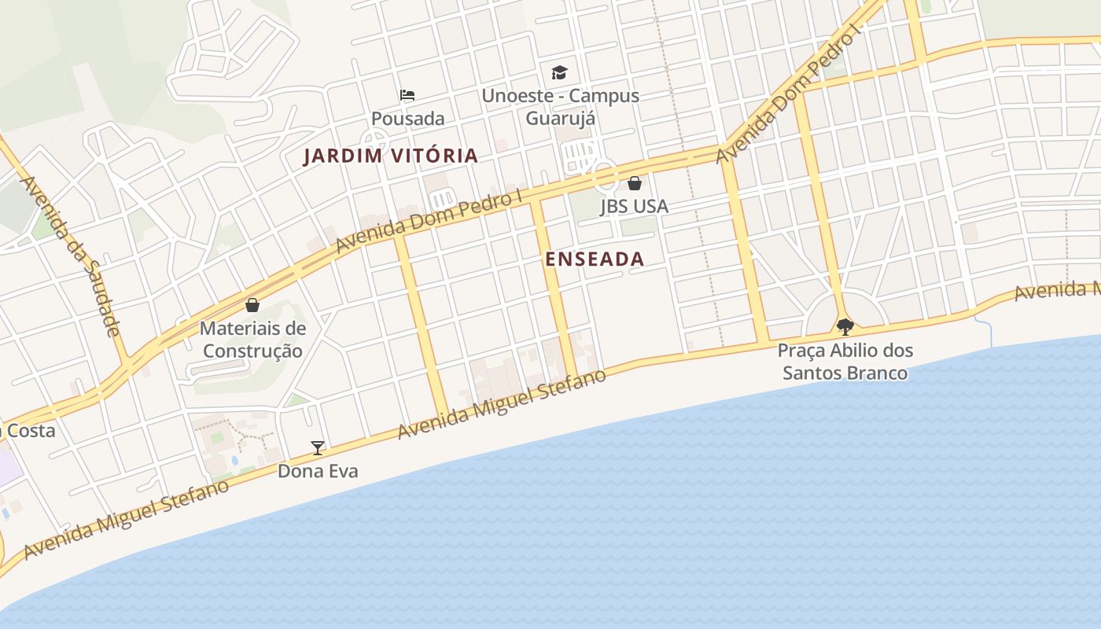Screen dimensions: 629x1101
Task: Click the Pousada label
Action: [x=407, y=119]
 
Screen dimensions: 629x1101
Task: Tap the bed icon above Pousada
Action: [x=407, y=95]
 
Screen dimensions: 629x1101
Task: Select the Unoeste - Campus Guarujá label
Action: [x=560, y=107]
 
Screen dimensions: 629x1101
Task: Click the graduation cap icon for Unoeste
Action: [x=559, y=72]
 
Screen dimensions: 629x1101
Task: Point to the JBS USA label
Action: [x=634, y=206]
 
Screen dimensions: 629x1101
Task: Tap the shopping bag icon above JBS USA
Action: [x=634, y=183]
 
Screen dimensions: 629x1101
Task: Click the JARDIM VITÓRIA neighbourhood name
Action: [x=391, y=156]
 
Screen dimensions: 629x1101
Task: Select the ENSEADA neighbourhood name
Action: [x=595, y=259]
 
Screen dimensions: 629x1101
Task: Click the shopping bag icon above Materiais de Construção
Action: [x=252, y=305]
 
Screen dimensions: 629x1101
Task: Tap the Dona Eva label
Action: [x=318, y=471]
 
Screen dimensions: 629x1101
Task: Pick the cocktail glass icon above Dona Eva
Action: [x=318, y=448]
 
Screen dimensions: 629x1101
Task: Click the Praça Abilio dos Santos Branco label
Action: [x=845, y=362]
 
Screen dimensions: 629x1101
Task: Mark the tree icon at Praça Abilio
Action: [x=845, y=326]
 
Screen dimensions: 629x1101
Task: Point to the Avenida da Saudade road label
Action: [x=72, y=256]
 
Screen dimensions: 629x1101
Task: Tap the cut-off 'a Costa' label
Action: [x=28, y=431]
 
